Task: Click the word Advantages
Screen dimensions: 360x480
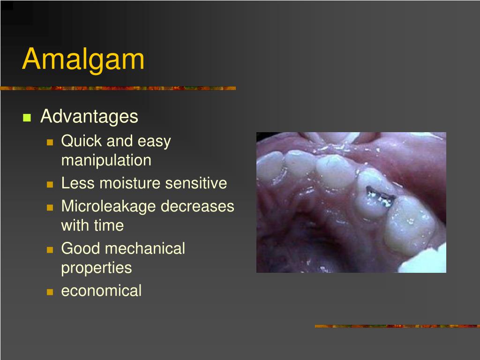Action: point(89,116)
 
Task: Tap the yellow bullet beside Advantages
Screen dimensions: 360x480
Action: point(26,117)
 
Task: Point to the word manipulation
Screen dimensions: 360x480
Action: point(106,160)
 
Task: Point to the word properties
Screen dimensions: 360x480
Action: point(96,268)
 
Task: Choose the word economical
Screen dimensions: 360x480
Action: point(101,291)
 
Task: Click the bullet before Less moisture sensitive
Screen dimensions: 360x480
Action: point(50,184)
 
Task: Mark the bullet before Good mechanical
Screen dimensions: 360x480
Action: point(50,249)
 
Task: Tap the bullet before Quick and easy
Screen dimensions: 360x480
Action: point(50,142)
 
